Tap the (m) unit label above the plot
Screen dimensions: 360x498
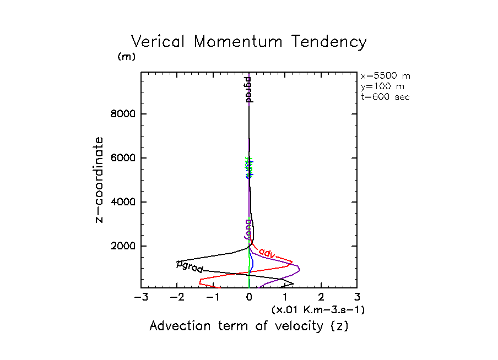tap(126, 57)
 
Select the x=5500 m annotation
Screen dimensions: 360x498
tap(385, 76)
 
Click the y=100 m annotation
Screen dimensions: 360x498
tap(381, 86)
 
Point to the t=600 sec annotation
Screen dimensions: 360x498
tap(385, 97)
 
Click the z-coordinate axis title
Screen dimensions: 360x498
tap(100, 179)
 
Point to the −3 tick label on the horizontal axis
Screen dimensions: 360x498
tap(141, 298)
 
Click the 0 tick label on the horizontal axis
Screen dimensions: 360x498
tap(249, 298)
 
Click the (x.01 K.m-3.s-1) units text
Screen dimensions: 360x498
tap(318, 310)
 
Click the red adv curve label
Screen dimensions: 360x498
tap(267, 253)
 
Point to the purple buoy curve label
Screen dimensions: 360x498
tap(248, 229)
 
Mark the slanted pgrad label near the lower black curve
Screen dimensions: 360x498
tap(190, 267)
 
